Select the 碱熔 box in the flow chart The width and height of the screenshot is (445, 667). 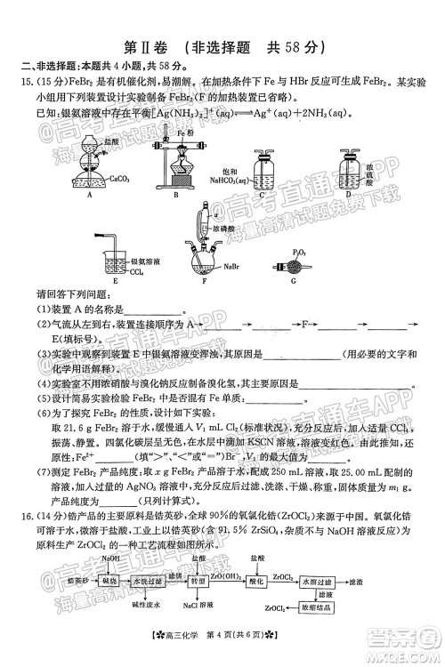109,580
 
